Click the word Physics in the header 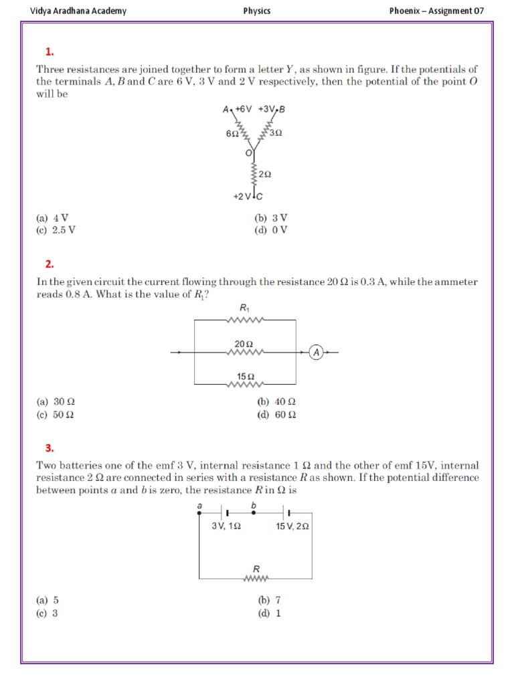tap(257, 11)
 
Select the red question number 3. tap(50, 448)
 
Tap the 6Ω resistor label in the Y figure tap(232, 134)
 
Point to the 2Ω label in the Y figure tap(264, 175)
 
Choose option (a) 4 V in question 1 tap(53, 218)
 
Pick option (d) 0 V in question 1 tap(272, 230)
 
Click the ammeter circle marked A tap(317, 352)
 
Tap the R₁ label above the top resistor tap(244, 308)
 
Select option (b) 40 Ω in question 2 tap(276, 402)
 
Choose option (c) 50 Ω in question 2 tap(56, 414)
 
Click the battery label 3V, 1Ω tap(226, 526)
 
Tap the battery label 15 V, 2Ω tap(292, 526)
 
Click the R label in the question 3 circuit tap(256, 568)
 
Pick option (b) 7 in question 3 tap(269, 600)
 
